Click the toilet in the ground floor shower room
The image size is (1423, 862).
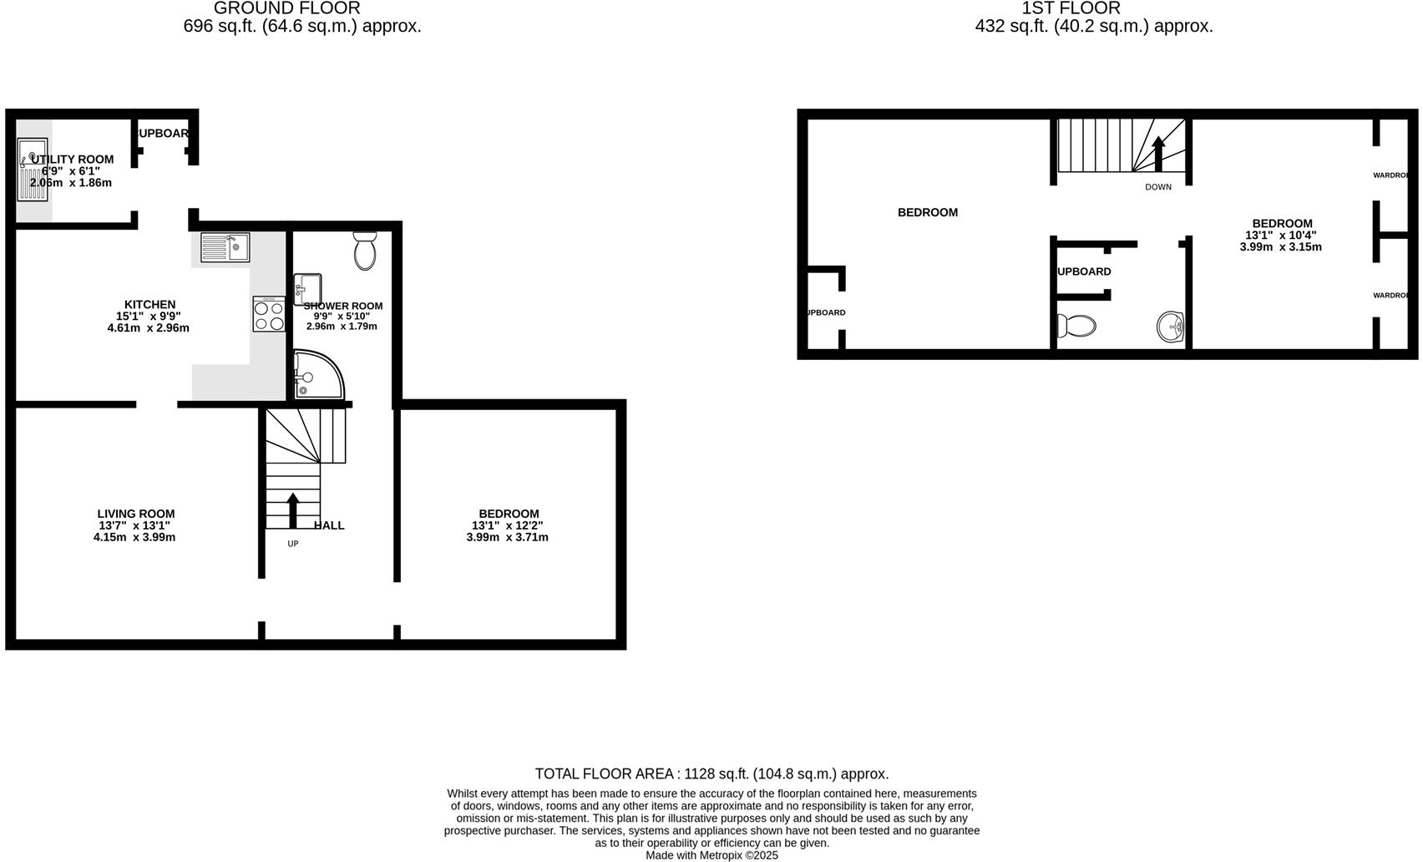pyautogui.click(x=365, y=251)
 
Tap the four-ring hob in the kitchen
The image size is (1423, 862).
pyautogui.click(x=269, y=315)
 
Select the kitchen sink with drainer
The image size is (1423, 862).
pyautogui.click(x=225, y=247)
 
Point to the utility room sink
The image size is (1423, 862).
pyautogui.click(x=33, y=170)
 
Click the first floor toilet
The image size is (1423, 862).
pyautogui.click(x=1076, y=325)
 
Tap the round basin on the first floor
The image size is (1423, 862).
pyautogui.click(x=1171, y=327)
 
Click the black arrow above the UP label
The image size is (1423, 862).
pyautogui.click(x=292, y=510)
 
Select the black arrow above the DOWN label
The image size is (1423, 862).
pyautogui.click(x=1158, y=154)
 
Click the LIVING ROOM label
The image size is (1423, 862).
pyautogui.click(x=136, y=514)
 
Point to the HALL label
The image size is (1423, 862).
pyautogui.click(x=329, y=525)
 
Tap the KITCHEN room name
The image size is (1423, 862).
pyautogui.click(x=149, y=304)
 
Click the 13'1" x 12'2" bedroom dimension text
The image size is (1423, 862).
pyautogui.click(x=508, y=525)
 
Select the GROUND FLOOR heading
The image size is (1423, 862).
pyautogui.click(x=287, y=8)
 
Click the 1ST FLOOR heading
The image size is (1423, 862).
pyautogui.click(x=1071, y=8)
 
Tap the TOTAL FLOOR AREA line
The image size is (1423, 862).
pyautogui.click(x=711, y=774)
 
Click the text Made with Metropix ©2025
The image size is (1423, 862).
pyautogui.click(x=711, y=855)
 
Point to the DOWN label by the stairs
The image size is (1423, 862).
pyautogui.click(x=1158, y=187)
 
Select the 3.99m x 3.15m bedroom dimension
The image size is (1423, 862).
pyautogui.click(x=1281, y=247)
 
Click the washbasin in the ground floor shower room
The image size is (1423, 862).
pyautogui.click(x=307, y=289)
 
